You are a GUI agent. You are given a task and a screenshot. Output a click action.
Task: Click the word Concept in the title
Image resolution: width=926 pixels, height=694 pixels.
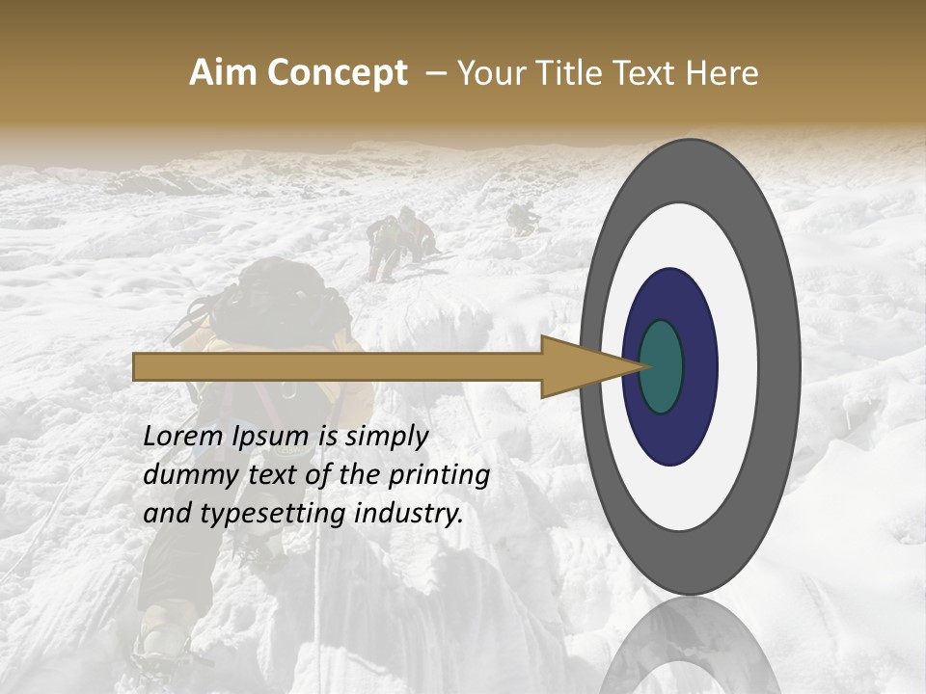coord(337,73)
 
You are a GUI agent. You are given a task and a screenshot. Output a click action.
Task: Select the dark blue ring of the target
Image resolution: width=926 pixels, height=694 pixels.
coord(698,366)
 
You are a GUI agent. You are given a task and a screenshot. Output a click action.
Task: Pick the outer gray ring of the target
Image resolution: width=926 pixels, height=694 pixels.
coord(780,366)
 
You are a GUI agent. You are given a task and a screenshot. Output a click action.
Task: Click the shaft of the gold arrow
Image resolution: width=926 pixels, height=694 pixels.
coord(338,366)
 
